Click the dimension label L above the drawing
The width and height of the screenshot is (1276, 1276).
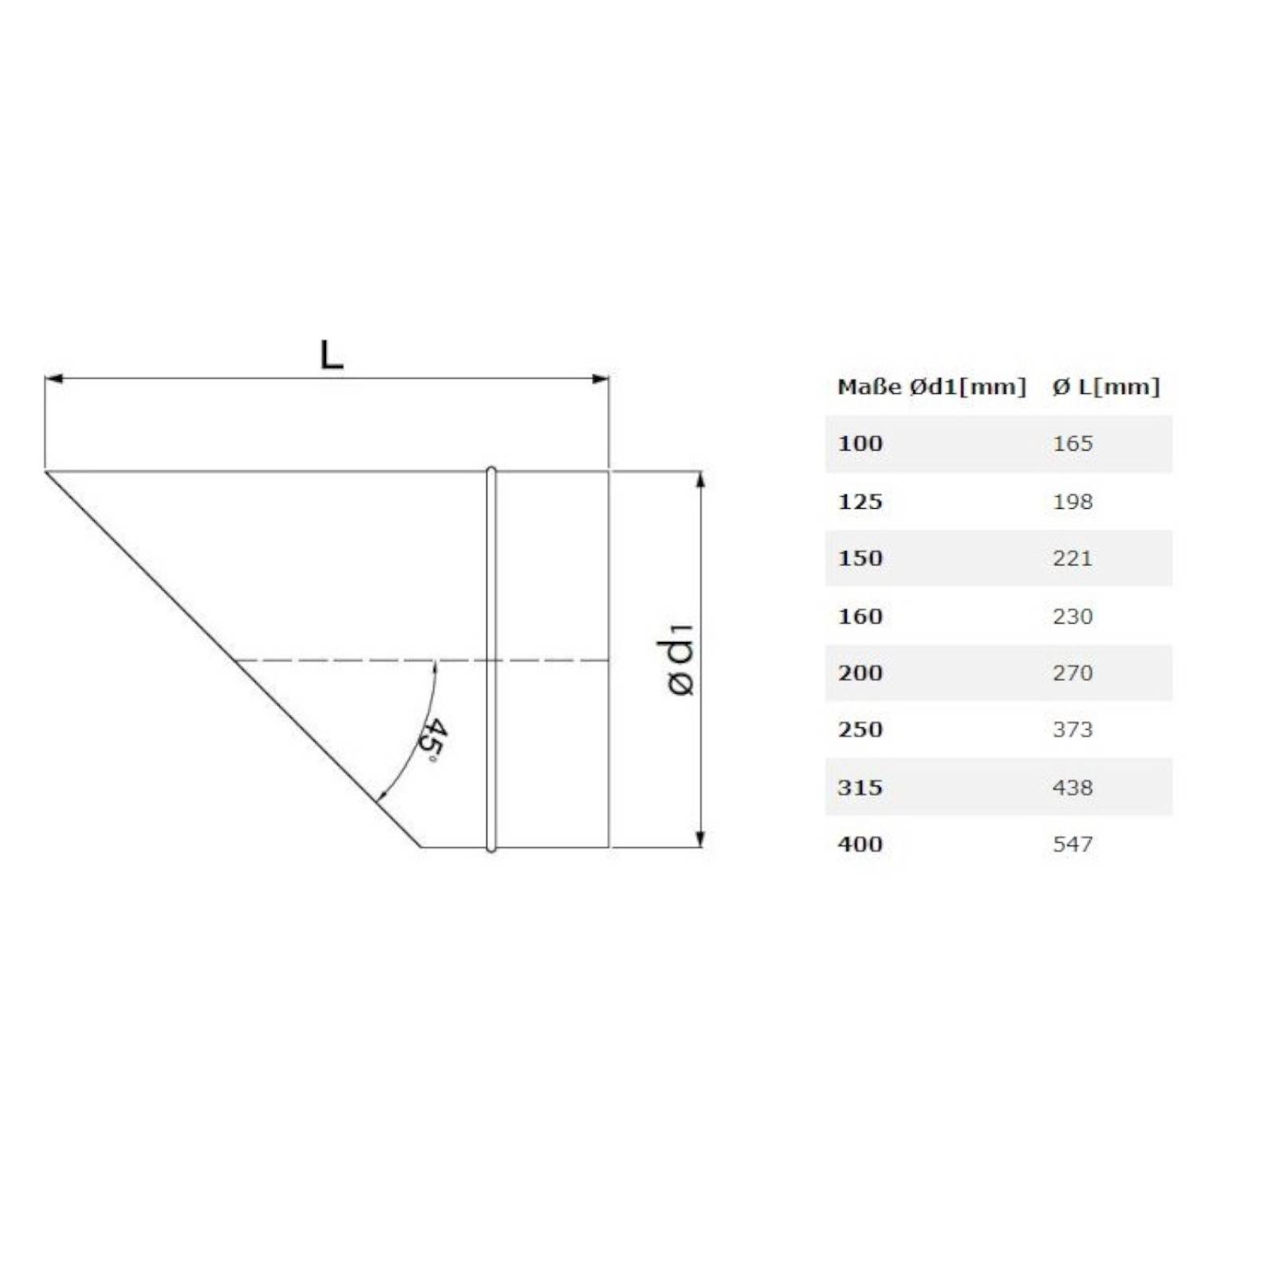(331, 355)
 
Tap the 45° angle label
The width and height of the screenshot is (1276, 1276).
(433, 739)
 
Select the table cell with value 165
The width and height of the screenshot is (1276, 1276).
(1072, 443)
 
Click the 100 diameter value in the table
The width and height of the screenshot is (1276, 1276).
(860, 443)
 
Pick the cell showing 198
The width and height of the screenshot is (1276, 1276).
(1072, 502)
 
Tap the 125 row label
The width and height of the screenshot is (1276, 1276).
(860, 502)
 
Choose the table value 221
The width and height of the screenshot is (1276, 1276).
(1072, 558)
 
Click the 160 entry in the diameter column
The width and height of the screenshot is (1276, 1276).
(860, 616)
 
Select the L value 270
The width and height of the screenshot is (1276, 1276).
(1072, 673)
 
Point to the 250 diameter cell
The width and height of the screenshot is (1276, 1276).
(860, 730)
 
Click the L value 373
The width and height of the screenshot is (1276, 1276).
(1072, 730)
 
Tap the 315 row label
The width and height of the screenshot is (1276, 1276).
(860, 788)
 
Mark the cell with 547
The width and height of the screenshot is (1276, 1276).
(1072, 845)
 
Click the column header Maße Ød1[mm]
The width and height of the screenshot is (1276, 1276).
(931, 388)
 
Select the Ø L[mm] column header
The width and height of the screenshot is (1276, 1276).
(1105, 388)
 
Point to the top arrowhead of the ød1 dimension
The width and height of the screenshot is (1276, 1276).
(700, 478)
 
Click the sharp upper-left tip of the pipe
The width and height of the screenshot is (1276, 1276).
(47, 472)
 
